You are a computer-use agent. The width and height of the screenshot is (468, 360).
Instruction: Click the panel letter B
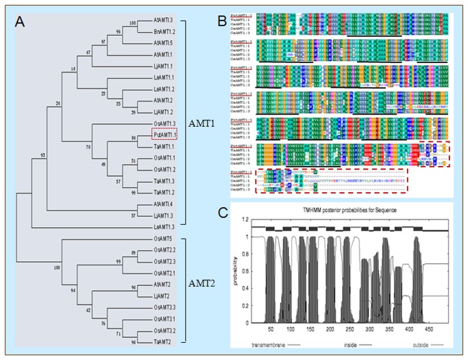point(243,20)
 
